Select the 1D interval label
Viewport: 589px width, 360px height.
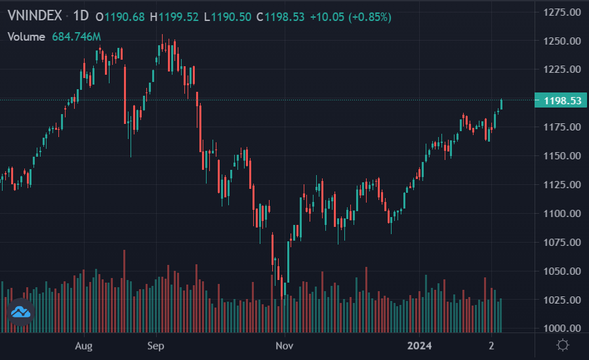tap(81, 16)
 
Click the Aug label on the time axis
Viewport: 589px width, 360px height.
tap(83, 345)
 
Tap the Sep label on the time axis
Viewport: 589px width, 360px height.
tap(155, 345)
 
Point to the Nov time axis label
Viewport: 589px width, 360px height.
tap(283, 345)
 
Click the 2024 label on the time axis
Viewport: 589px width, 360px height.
tap(419, 345)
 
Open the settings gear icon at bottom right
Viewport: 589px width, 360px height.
tap(562, 345)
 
